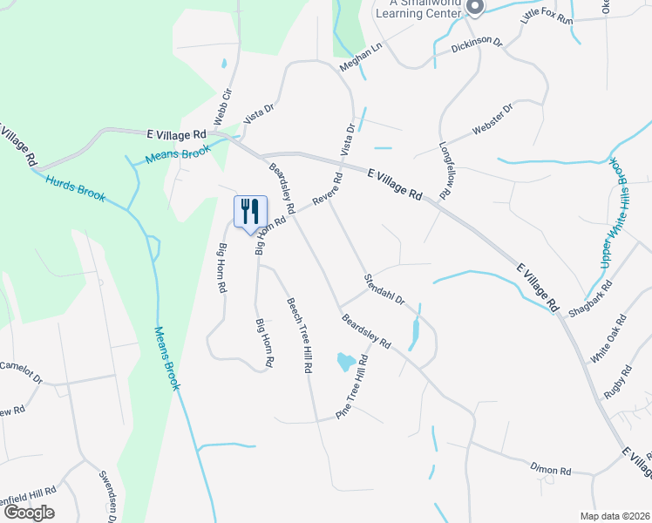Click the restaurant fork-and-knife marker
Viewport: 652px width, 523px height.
pyautogui.click(x=250, y=212)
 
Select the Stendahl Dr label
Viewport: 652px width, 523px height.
pyautogui.click(x=384, y=289)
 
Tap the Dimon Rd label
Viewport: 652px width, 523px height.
pyautogui.click(x=551, y=470)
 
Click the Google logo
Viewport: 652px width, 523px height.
pyautogui.click(x=29, y=513)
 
